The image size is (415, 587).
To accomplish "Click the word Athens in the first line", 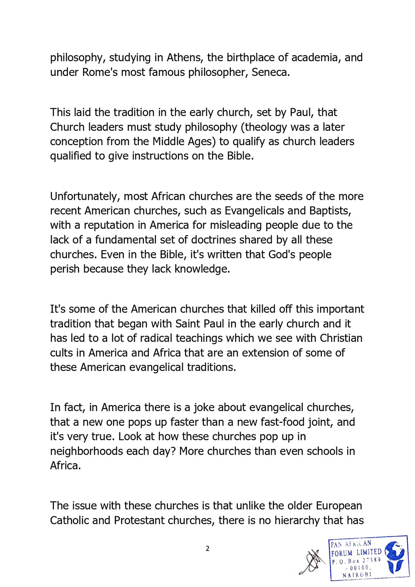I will click(183, 58).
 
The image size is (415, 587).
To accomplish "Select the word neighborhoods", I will click(87, 452).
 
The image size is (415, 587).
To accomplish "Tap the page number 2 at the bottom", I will click(207, 549).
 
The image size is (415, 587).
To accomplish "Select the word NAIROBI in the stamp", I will click(357, 575).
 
